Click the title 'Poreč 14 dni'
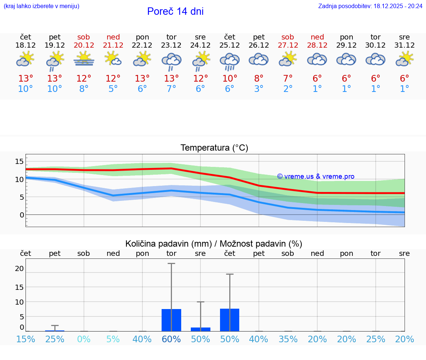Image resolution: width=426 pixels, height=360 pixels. tap(175, 11)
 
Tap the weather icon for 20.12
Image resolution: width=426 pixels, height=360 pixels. tap(84, 59)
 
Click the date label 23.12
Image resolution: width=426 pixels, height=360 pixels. tap(171, 45)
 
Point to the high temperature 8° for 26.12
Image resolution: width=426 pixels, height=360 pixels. tap(259, 79)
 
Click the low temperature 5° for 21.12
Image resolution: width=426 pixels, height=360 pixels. tap(113, 89)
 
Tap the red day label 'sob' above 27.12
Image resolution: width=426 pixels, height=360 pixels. tap(288, 37)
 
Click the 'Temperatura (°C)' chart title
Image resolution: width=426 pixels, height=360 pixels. tap(214, 148)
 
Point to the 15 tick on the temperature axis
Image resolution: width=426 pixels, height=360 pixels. tap(19, 161)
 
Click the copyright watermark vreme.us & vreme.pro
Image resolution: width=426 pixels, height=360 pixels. tap(316, 176)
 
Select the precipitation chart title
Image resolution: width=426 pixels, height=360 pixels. tap(214, 244)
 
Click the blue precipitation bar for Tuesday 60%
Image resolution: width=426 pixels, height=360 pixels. tap(171, 320)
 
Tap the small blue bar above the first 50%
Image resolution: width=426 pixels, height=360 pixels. tap(200, 329)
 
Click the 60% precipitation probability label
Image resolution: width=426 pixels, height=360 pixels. tap(171, 339)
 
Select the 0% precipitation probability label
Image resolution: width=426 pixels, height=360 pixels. tap(84, 339)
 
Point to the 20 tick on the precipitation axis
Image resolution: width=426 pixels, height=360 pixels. tap(19, 268)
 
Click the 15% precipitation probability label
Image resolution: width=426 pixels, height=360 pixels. tap(26, 339)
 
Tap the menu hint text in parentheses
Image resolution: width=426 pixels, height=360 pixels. tap(41, 6)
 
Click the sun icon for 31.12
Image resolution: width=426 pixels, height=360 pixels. tap(405, 59)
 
